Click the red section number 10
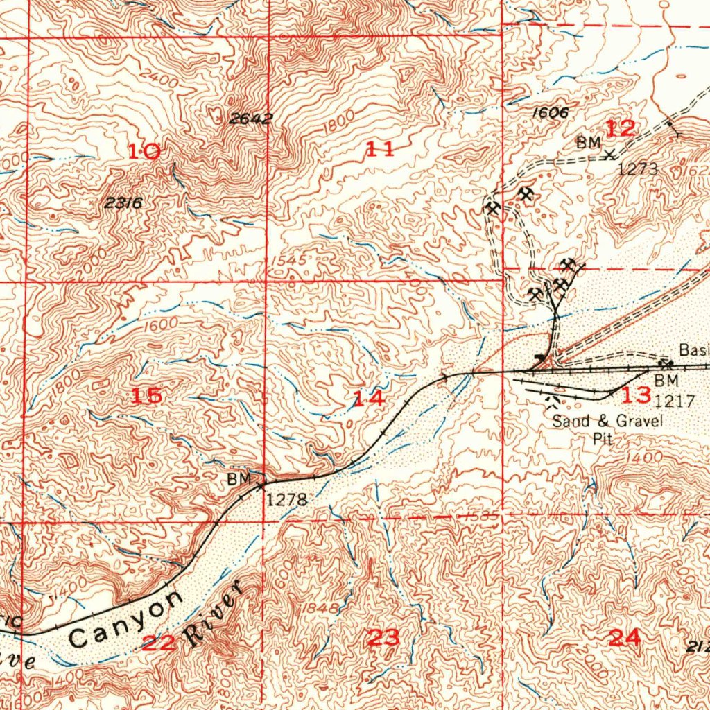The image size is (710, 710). point(144,150)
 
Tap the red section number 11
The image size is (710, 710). point(380,148)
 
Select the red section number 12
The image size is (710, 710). point(620,128)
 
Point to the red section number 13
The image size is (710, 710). point(636,396)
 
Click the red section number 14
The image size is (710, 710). point(368,399)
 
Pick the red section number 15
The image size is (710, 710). point(147,396)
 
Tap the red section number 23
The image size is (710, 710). point(383,637)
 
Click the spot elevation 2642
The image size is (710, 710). point(250,119)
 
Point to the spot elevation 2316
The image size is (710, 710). point(124,203)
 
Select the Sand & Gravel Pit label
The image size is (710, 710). point(598,428)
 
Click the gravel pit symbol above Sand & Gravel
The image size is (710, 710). point(554,401)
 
